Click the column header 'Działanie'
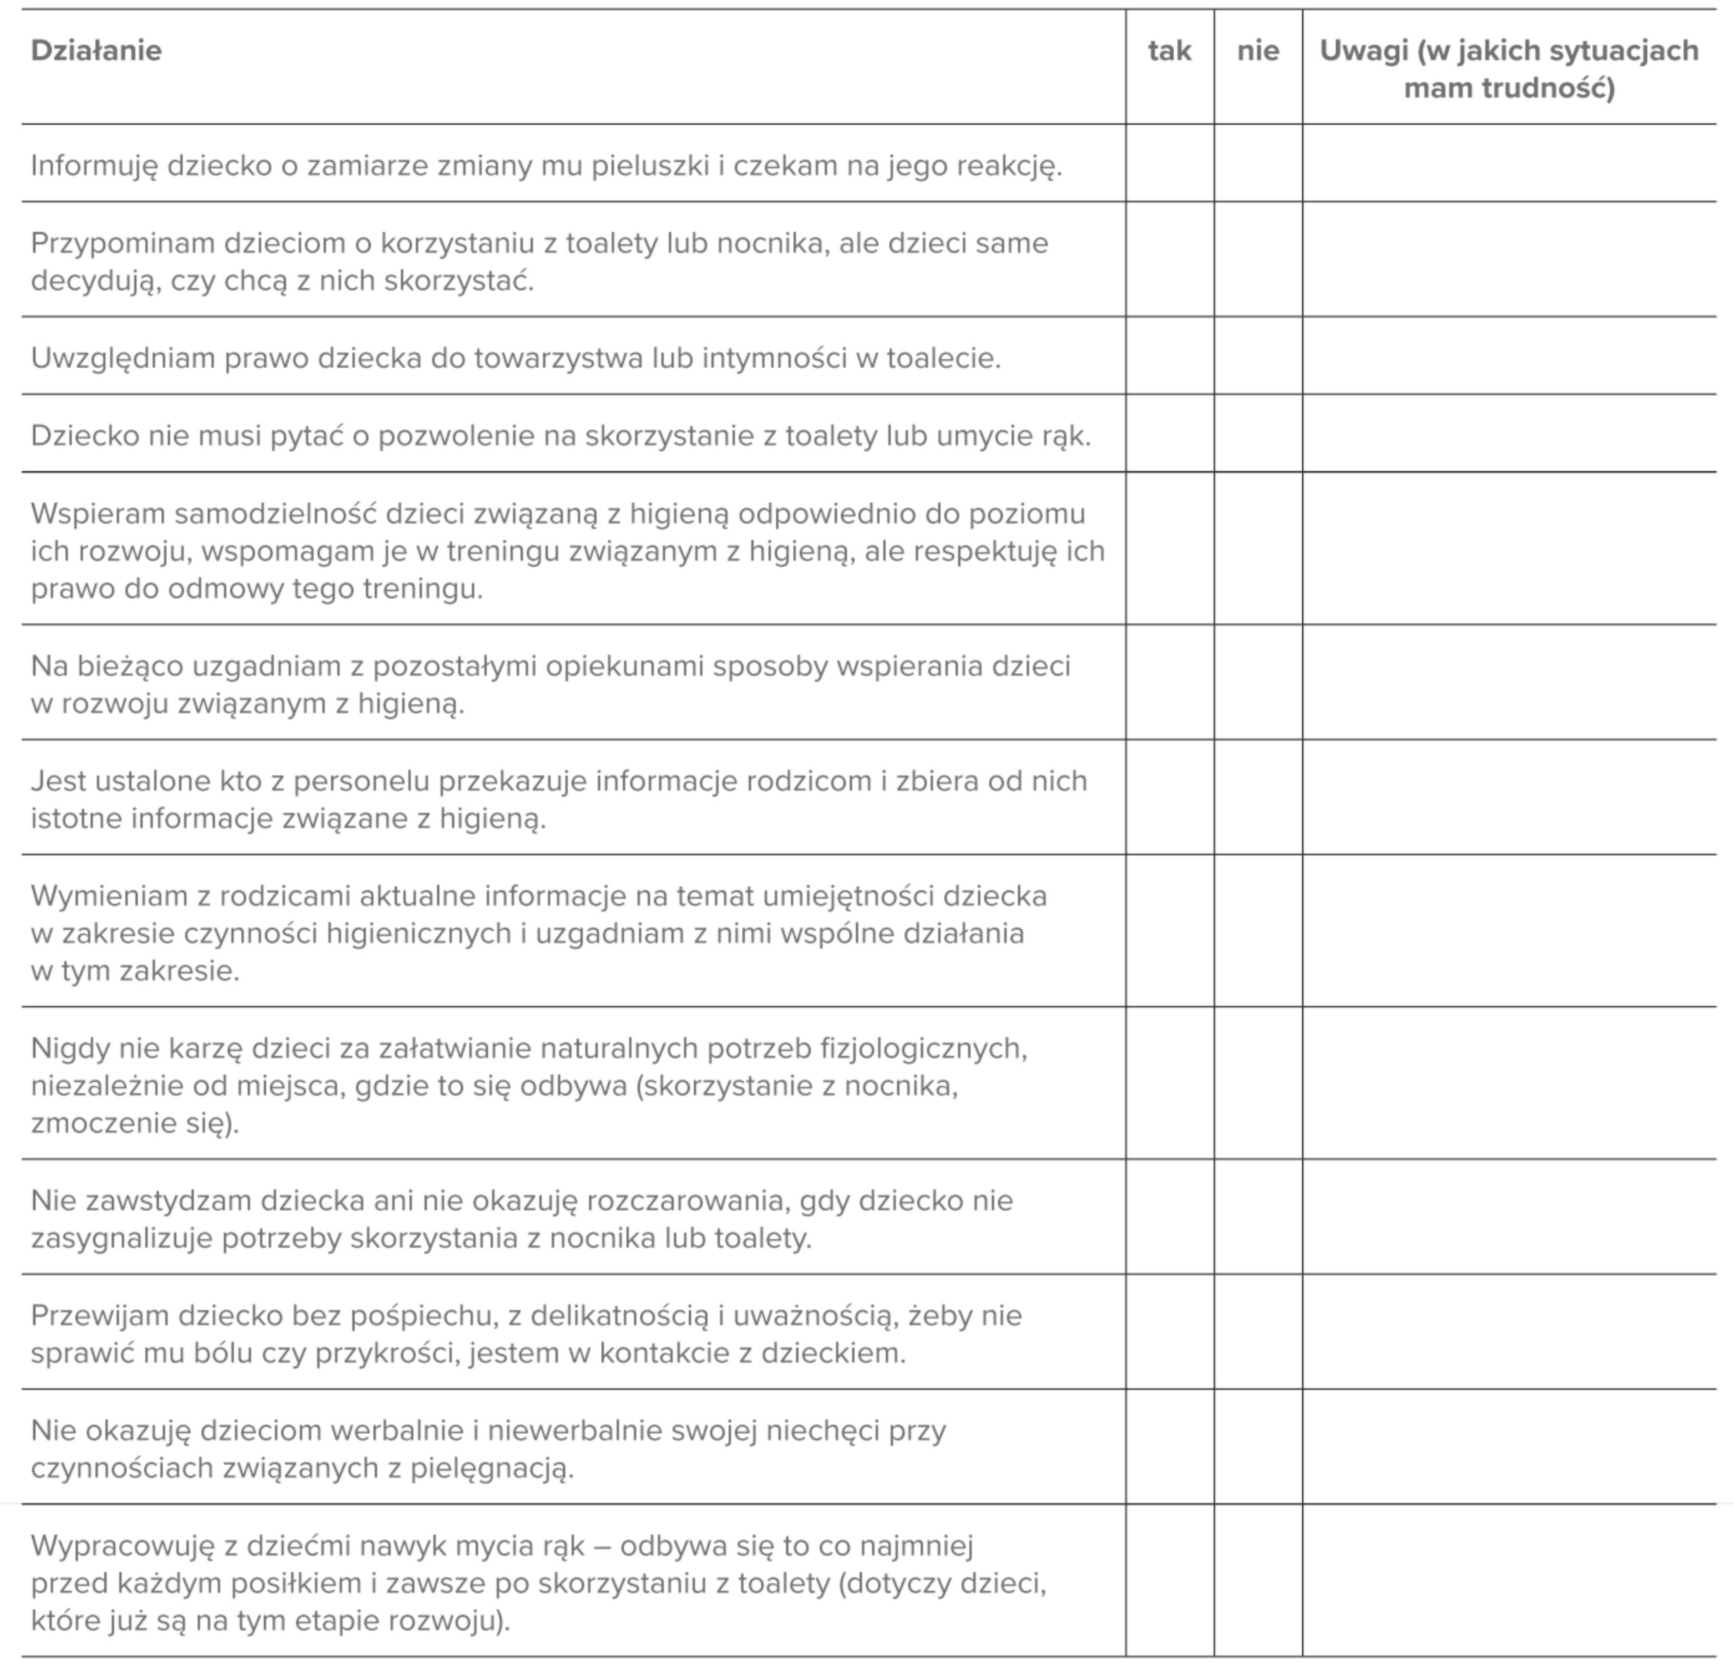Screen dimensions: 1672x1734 pyautogui.click(x=96, y=50)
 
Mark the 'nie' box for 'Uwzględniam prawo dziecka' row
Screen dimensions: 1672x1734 pyautogui.click(x=1257, y=356)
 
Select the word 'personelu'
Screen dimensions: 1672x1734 pyautogui.click(x=361, y=781)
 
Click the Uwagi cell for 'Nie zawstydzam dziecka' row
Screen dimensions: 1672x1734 pyautogui.click(x=1508, y=1216)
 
